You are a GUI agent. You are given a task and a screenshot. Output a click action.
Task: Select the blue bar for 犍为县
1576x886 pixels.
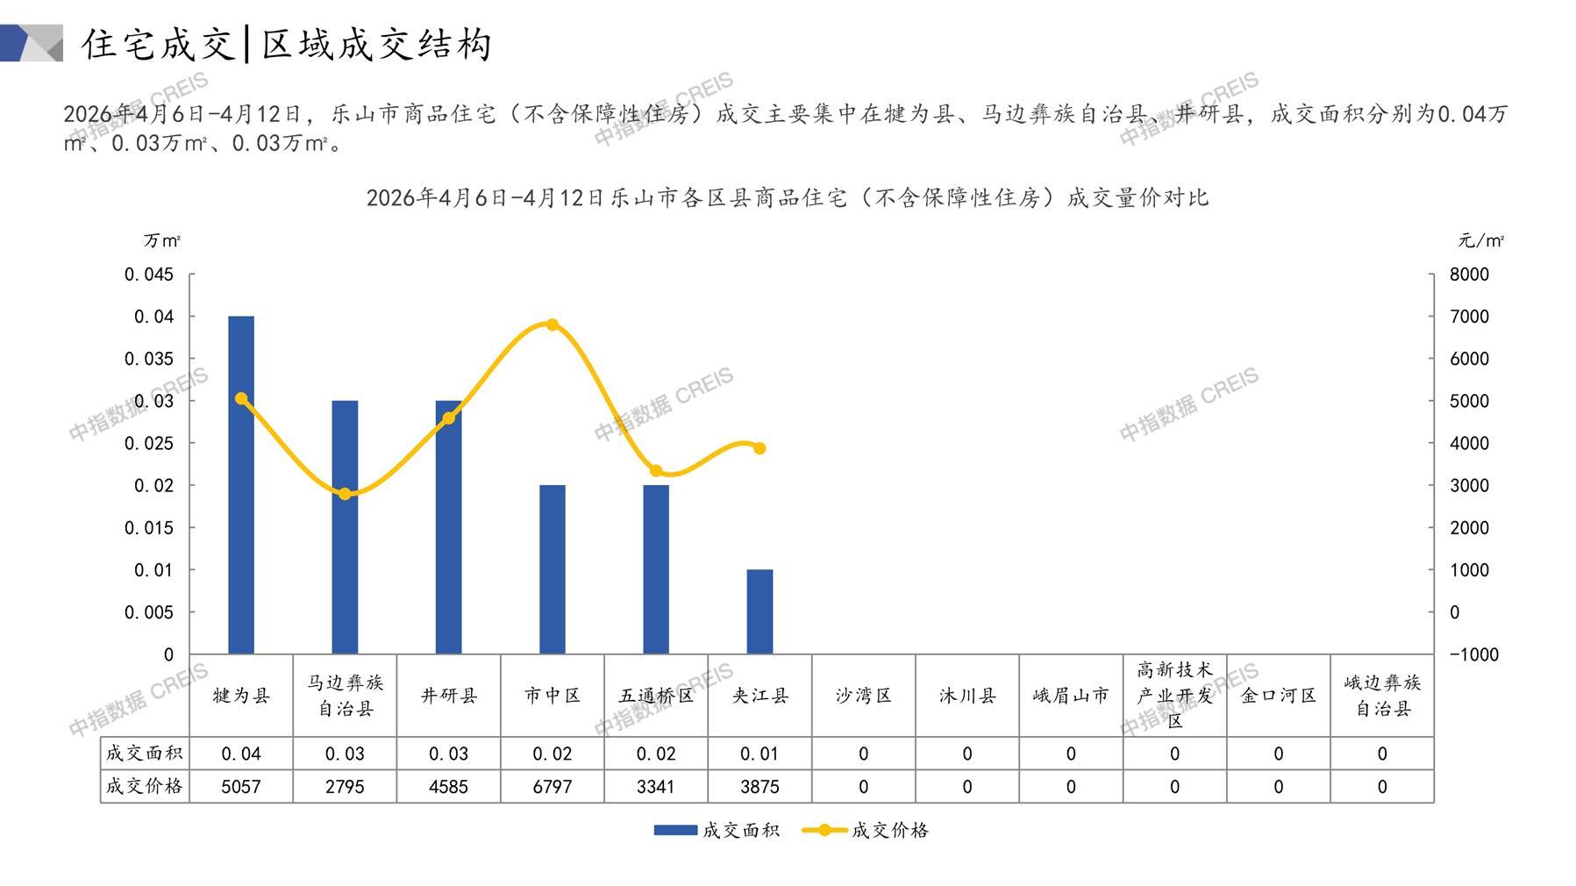point(241,485)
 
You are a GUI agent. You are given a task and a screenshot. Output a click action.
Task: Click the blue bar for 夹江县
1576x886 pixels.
point(759,611)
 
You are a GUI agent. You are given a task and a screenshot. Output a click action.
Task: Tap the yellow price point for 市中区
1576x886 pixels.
point(553,325)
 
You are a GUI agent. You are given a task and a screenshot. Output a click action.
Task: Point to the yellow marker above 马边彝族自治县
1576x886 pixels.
point(345,494)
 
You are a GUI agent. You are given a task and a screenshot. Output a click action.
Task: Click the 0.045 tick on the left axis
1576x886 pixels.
point(149,275)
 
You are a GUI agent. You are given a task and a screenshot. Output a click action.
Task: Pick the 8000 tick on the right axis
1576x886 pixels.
point(1469,275)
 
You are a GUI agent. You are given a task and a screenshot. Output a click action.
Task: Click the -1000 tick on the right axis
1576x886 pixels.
point(1473,654)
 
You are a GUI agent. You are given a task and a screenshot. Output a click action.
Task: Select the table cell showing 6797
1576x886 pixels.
point(553,787)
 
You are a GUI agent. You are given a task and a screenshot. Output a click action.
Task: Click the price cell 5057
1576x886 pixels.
point(241,787)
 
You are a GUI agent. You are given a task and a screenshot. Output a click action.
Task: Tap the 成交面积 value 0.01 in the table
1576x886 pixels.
point(759,754)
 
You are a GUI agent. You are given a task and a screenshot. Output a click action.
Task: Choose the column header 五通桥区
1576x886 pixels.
point(656,696)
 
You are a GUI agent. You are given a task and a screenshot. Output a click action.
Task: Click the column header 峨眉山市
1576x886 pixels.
point(1071,696)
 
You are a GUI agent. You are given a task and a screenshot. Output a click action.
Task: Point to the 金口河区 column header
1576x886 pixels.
point(1279,696)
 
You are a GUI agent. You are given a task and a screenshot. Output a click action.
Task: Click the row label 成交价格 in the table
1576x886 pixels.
point(145,786)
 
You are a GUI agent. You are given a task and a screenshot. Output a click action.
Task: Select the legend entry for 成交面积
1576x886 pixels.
point(717,830)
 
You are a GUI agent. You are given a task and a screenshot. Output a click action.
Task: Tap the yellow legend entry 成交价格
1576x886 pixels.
point(866,830)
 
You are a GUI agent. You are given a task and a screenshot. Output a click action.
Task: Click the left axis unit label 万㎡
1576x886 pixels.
point(162,240)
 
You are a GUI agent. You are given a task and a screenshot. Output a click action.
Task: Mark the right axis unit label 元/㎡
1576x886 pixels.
point(1481,240)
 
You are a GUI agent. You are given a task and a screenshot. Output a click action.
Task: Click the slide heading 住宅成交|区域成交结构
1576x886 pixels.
point(287,44)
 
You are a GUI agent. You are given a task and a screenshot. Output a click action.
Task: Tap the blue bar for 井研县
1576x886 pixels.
point(448,527)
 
